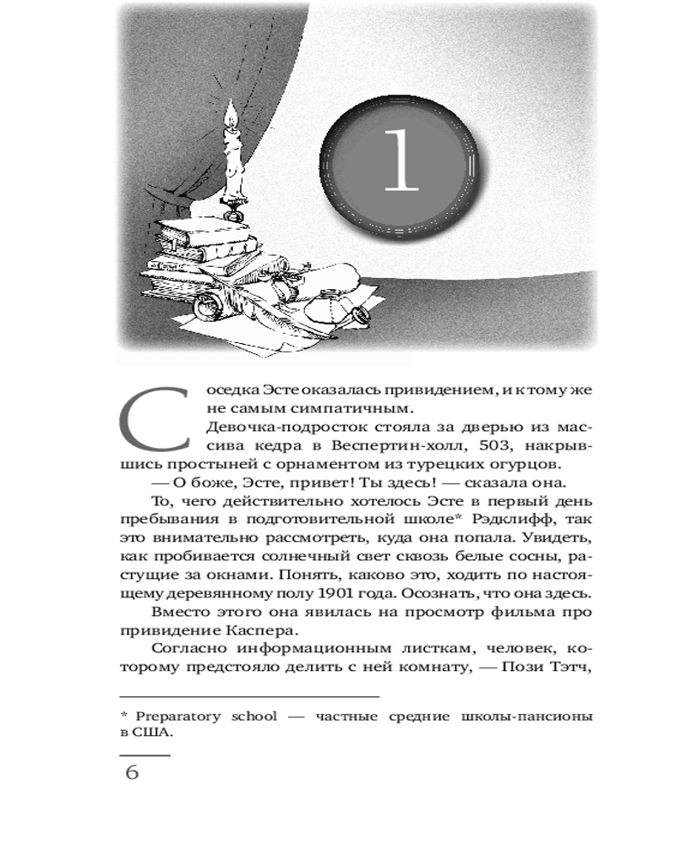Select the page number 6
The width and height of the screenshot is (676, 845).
click(x=132, y=772)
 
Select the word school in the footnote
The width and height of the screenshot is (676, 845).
click(x=255, y=716)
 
